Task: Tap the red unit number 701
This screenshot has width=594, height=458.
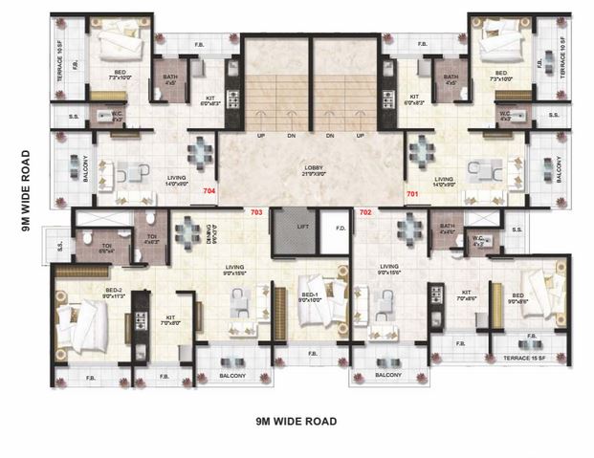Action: click(x=412, y=193)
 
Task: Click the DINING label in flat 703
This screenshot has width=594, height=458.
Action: click(x=212, y=233)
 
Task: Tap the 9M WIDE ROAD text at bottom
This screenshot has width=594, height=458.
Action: click(x=297, y=420)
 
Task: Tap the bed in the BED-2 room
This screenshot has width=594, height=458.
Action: click(x=84, y=325)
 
